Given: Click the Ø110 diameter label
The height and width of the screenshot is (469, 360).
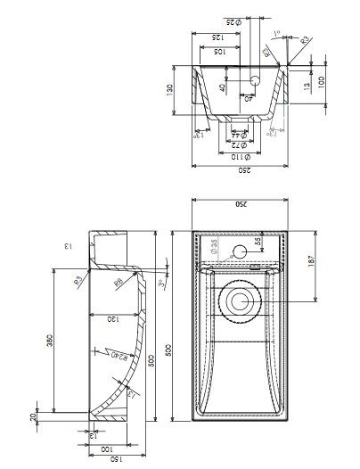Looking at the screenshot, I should (x=239, y=156).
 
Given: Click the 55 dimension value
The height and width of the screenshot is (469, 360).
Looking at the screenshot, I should (x=258, y=241).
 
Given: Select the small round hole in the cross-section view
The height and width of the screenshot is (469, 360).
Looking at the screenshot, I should (x=254, y=80).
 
